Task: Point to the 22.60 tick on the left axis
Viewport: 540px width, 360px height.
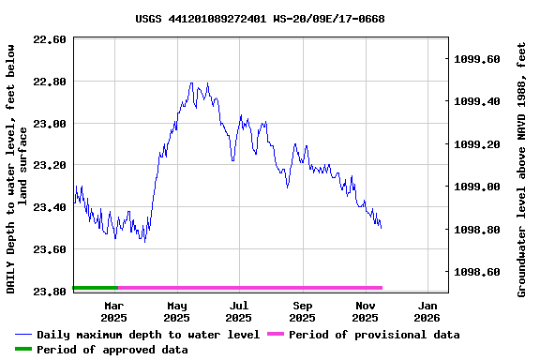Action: point(49,40)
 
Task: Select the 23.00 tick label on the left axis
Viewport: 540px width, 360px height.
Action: point(49,124)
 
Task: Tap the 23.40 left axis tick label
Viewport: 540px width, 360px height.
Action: point(49,207)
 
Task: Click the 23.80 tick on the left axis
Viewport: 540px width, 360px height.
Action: point(49,292)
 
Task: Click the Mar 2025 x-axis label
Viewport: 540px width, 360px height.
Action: point(114,311)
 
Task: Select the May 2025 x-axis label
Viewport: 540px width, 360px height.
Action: point(177,311)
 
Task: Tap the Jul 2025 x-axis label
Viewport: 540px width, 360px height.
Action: point(239,311)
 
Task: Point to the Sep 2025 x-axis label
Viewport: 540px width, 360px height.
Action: point(302,311)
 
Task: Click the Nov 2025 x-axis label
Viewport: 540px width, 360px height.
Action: point(365,311)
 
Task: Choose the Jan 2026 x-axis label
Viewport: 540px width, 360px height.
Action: point(427,311)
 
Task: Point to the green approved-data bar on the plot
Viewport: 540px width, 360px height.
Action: point(95,288)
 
